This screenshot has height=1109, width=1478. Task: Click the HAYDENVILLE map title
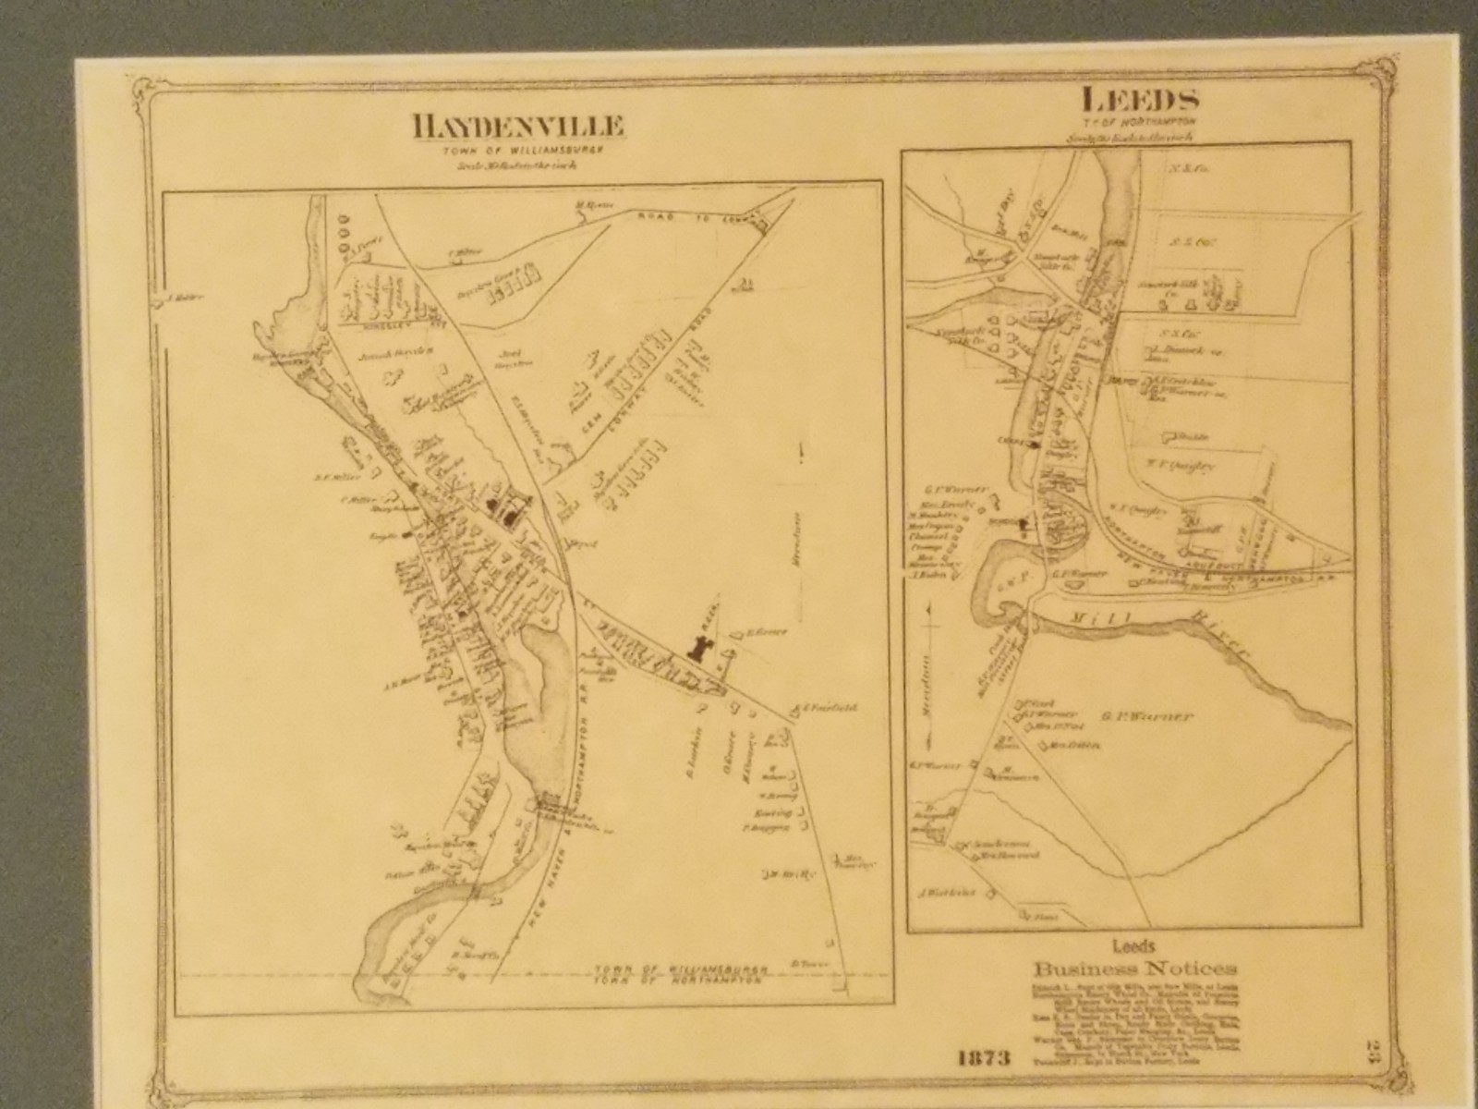coord(518,128)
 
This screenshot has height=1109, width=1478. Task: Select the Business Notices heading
coord(1136,969)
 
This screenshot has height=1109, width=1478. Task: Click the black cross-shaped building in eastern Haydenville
coord(701,647)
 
